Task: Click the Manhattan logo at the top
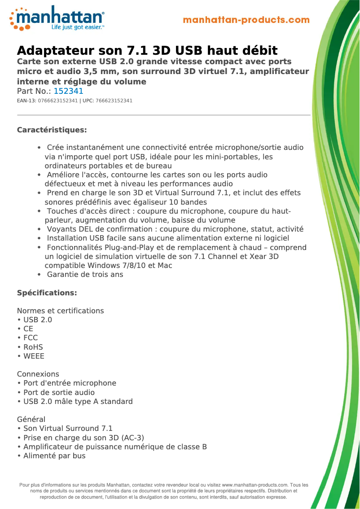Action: (x=57, y=18)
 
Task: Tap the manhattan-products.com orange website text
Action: (x=246, y=20)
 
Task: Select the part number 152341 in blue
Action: (x=68, y=91)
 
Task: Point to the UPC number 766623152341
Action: (x=114, y=101)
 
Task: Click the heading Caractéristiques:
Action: (x=52, y=130)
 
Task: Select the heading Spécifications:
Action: (x=47, y=293)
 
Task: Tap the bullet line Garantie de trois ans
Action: (x=85, y=274)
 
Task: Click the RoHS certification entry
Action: (x=33, y=347)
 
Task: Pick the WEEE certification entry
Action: (x=34, y=356)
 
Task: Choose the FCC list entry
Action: (x=31, y=338)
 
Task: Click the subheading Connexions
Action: (x=38, y=374)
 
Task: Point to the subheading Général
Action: (x=31, y=419)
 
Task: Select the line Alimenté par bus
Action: (x=54, y=456)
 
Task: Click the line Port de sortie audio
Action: (x=59, y=392)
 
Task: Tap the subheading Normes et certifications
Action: (x=60, y=311)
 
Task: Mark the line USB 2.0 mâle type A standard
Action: (x=78, y=401)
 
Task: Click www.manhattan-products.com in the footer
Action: (x=255, y=485)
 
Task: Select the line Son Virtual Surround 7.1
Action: (x=68, y=428)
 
